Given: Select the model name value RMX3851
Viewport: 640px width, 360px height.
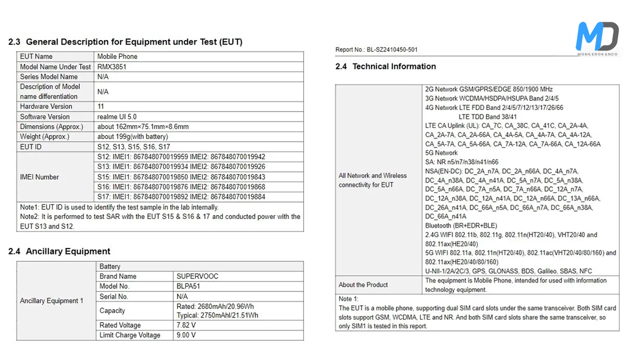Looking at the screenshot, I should [x=112, y=66].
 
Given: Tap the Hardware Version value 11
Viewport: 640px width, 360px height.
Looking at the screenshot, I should [x=101, y=106].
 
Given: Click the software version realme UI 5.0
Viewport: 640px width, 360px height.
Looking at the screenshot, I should [x=117, y=116].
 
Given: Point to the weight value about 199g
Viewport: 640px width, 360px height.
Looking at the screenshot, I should [x=132, y=136].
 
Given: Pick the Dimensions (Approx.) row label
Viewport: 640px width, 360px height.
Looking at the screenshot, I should [x=51, y=126].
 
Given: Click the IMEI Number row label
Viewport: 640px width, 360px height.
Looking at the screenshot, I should [x=39, y=177].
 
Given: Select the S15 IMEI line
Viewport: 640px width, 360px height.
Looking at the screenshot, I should [x=181, y=177].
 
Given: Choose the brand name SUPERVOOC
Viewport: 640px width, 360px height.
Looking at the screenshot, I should [x=197, y=276].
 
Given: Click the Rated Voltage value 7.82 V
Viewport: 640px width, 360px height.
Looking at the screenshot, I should [x=186, y=325].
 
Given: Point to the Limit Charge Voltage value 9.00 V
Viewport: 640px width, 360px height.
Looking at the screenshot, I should [x=186, y=335].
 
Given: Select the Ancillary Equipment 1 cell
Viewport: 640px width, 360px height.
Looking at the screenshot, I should [x=51, y=300].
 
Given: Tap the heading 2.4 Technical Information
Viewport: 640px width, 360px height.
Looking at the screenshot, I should [x=385, y=66].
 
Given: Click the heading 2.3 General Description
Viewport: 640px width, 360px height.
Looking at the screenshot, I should [x=125, y=42].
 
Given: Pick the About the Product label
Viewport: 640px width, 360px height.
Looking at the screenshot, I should [x=363, y=284].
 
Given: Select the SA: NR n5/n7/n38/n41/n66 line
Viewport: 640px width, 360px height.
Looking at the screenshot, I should [x=461, y=162].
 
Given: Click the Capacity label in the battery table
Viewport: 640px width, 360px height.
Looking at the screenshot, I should [x=112, y=310].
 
